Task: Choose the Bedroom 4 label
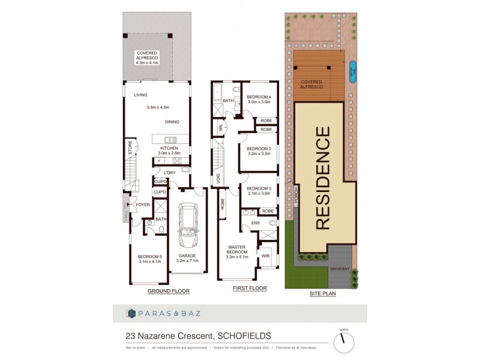(260, 99)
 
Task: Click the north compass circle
(344, 343)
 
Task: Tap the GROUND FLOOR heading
(169, 291)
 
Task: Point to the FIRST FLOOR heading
(249, 289)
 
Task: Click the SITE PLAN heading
(322, 294)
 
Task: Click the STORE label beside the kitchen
(129, 149)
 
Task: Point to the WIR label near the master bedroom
(265, 256)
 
